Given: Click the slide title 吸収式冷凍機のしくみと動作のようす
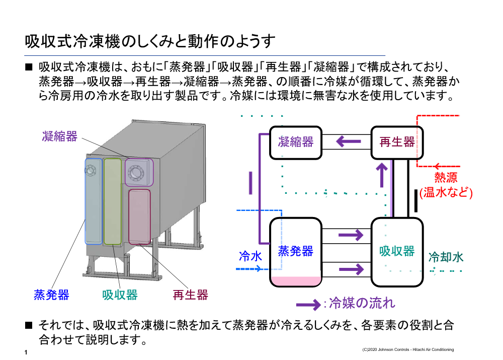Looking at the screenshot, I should click(x=150, y=41).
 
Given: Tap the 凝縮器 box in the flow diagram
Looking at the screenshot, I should click(x=296, y=142).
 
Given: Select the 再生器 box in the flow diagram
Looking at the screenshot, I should click(x=397, y=142).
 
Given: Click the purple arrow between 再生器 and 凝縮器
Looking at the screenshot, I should click(x=348, y=141).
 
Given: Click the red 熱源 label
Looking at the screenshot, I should click(x=446, y=178).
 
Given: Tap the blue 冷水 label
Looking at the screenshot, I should click(x=250, y=257).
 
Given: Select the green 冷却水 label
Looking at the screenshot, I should click(x=446, y=257).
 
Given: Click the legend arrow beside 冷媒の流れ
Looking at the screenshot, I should click(x=308, y=304).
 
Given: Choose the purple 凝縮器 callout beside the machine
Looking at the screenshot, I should click(x=59, y=136).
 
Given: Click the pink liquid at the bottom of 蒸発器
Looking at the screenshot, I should click(x=296, y=281).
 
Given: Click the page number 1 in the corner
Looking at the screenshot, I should click(x=26, y=352).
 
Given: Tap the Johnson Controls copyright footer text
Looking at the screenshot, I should click(x=407, y=349).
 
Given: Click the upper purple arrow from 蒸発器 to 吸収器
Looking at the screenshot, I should click(x=351, y=235).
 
